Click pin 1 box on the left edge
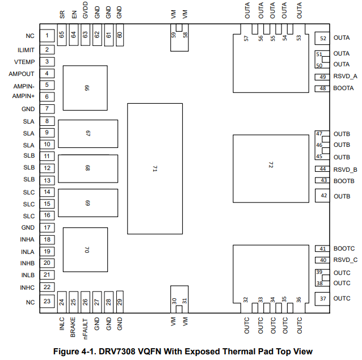coord(47,36)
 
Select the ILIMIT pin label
coord(26,50)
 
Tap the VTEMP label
coord(24,62)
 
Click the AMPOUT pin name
coord(22,74)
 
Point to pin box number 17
coord(47,228)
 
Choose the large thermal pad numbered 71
coord(155,168)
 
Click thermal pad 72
coord(271,168)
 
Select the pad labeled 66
coord(85,88)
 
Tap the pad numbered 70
coord(85,250)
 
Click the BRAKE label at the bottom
coord(73,327)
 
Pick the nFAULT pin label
coord(85,329)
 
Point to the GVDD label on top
coord(85,10)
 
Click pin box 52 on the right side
coord(322,39)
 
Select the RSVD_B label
coord(345,170)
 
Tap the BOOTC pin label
coord(344,248)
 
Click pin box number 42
coord(322,196)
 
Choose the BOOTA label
coord(343,88)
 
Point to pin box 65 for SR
coord(62,35)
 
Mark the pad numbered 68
coord(88,168)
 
